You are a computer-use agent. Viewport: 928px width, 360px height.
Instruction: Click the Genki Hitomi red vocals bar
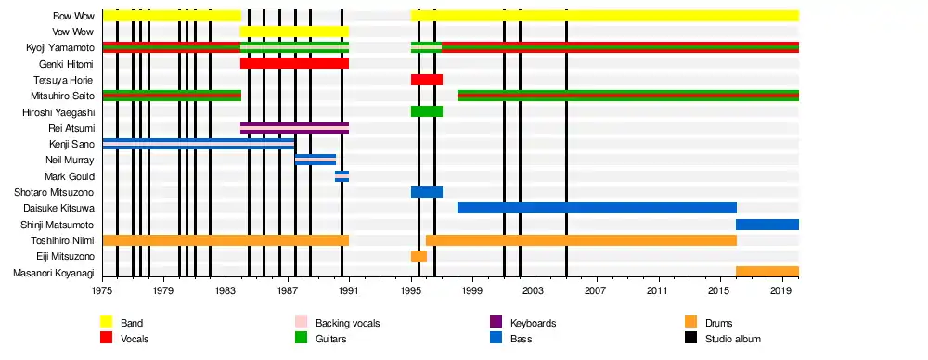point(294,63)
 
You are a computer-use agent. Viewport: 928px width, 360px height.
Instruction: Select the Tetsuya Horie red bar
point(427,80)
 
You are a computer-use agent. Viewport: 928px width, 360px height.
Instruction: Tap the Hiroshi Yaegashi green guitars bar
point(427,111)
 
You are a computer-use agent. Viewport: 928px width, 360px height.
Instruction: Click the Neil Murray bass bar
point(316,160)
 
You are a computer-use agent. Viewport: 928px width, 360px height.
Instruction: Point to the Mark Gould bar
point(342,176)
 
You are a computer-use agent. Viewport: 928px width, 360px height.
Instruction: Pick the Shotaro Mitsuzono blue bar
point(427,192)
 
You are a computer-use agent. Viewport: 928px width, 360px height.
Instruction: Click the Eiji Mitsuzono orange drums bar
point(419,256)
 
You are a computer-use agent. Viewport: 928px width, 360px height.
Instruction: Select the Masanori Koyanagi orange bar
point(767,272)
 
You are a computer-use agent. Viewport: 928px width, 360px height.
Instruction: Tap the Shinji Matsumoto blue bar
point(767,224)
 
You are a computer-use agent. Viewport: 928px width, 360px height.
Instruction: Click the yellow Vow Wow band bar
point(294,32)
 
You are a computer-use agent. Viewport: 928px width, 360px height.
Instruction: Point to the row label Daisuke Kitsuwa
point(58,208)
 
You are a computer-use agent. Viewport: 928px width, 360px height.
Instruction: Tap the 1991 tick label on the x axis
point(349,290)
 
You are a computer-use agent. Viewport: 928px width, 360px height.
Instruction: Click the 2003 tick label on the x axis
point(535,290)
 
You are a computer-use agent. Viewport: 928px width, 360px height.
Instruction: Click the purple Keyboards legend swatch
point(496,322)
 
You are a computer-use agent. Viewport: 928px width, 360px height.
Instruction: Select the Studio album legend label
point(733,340)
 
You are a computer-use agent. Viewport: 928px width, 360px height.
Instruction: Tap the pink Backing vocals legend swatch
point(302,322)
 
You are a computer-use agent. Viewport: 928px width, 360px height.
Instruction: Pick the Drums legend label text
point(718,323)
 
